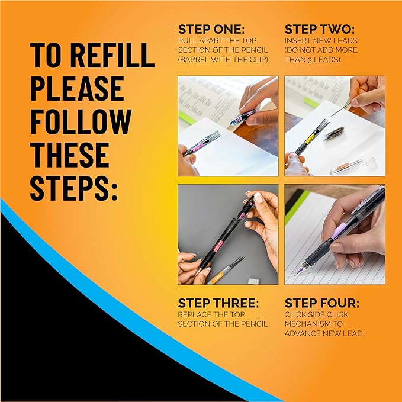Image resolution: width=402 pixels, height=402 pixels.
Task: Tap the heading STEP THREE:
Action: click(218, 303)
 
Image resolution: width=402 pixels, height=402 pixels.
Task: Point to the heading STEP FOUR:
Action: click(321, 303)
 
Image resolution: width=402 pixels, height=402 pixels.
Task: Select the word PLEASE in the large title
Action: click(77, 88)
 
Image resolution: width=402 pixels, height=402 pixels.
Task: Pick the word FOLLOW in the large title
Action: click(81, 121)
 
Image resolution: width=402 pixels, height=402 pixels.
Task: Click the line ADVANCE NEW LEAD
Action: click(323, 333)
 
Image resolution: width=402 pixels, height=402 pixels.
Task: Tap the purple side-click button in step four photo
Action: click(335, 236)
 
